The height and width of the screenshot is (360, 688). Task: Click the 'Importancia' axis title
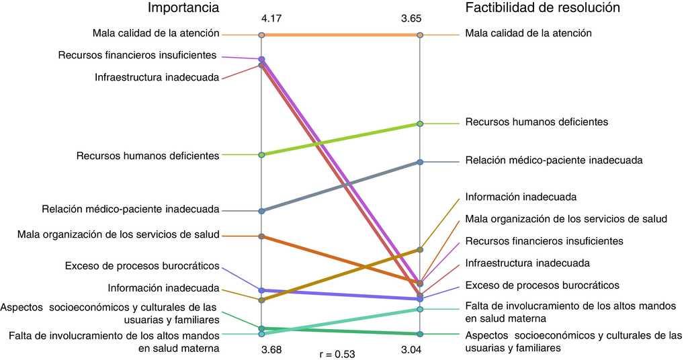[x=184, y=8]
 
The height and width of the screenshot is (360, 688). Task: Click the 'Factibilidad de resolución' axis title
[x=542, y=8]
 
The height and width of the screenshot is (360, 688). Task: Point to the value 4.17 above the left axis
[x=271, y=21]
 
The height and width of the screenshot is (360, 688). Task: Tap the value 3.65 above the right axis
[x=411, y=21]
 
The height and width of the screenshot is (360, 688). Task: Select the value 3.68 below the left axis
[x=271, y=349]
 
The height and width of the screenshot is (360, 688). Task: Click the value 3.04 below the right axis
[x=411, y=349]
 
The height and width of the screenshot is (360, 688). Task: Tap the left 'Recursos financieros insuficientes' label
[x=138, y=55]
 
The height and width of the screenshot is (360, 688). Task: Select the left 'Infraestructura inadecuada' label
[x=157, y=78]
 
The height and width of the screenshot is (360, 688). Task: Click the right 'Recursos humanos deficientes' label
[x=536, y=122]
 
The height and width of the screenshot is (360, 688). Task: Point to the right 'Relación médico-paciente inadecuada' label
[x=554, y=161]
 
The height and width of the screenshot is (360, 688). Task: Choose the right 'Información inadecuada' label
[x=521, y=197]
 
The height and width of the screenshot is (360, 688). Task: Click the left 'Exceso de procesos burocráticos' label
[x=142, y=265]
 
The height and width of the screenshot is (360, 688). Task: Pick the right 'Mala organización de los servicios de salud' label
[x=566, y=219]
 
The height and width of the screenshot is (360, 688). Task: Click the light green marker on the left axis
[x=262, y=154]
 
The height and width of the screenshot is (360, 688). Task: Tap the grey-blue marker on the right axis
[x=420, y=162]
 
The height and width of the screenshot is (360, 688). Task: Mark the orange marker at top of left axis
[x=262, y=34]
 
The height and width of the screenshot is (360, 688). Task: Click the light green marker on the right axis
[x=420, y=124]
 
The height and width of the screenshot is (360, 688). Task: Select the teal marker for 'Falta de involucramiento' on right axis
[x=420, y=310]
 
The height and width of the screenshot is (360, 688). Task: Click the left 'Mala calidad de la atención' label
[x=157, y=32]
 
